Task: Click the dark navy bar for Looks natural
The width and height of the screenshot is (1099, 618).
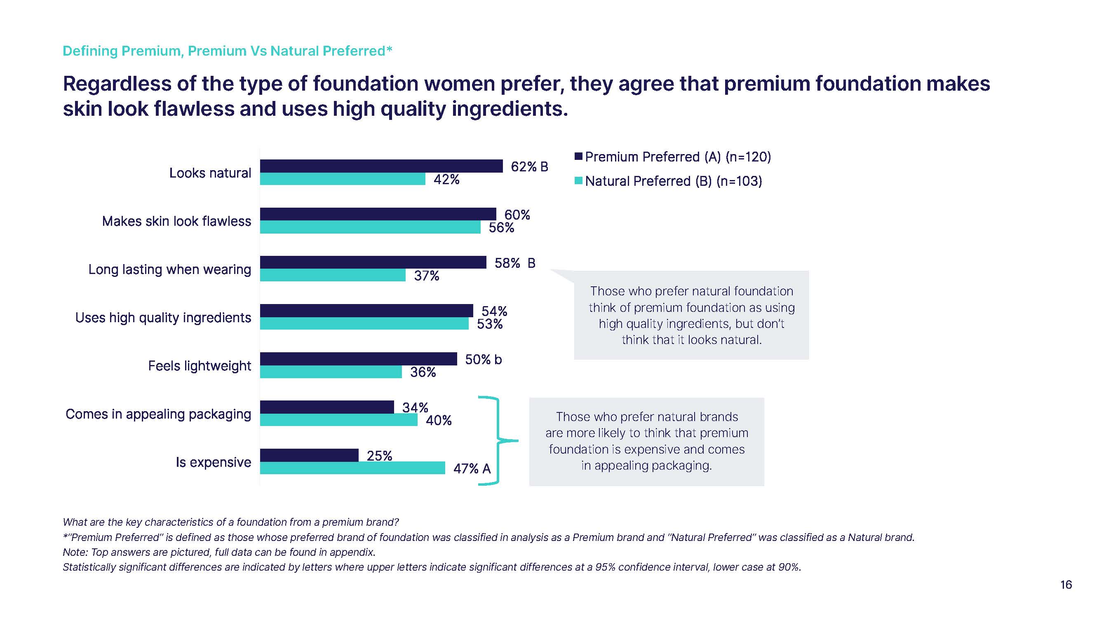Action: pyautogui.click(x=381, y=166)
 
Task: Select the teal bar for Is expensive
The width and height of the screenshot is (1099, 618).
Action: pyautogui.click(x=352, y=468)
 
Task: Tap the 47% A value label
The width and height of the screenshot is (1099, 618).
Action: pyautogui.click(x=472, y=469)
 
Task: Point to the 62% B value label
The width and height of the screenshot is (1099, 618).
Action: pyautogui.click(x=529, y=167)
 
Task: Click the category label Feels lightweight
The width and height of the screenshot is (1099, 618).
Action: pyautogui.click(x=199, y=366)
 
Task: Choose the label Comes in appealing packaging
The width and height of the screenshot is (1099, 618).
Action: pyautogui.click(x=158, y=414)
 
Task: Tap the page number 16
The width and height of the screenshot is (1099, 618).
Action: pyautogui.click(x=1066, y=585)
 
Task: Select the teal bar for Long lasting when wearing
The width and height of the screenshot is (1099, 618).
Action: pyautogui.click(x=333, y=275)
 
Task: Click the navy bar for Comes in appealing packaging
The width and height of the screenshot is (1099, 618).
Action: pyautogui.click(x=327, y=407)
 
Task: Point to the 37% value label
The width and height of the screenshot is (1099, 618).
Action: pyautogui.click(x=427, y=276)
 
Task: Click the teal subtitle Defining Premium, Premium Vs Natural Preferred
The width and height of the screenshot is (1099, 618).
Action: pyautogui.click(x=227, y=51)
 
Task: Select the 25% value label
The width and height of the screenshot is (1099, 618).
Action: pyautogui.click(x=379, y=456)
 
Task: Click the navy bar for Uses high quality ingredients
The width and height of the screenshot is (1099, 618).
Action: pyautogui.click(x=366, y=311)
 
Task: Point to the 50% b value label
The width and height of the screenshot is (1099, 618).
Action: pyautogui.click(x=484, y=360)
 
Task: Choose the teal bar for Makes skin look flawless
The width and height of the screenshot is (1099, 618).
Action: pyautogui.click(x=370, y=227)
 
